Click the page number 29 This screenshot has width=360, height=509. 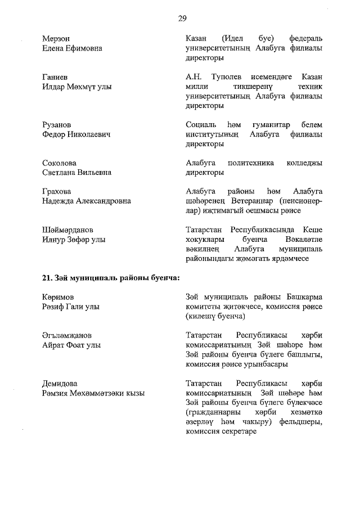pos(182,19)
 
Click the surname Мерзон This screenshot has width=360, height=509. pos(56,38)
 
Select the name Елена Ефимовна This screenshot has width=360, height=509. pos(72,48)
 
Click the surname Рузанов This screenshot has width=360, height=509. pos(57,124)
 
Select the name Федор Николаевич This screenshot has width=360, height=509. pos(76,134)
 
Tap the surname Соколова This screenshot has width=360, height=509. pos(60,163)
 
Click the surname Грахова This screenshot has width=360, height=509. pos(58,191)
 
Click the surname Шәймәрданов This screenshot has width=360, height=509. pos(67,230)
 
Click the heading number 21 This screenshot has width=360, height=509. pos(47,277)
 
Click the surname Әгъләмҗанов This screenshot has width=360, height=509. pos(67,335)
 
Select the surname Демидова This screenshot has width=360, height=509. pos(60,384)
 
